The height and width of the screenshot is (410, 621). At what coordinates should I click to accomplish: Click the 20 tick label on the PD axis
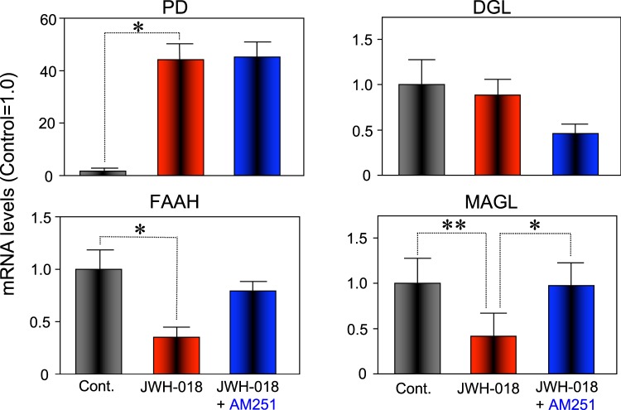pos(36,123)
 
